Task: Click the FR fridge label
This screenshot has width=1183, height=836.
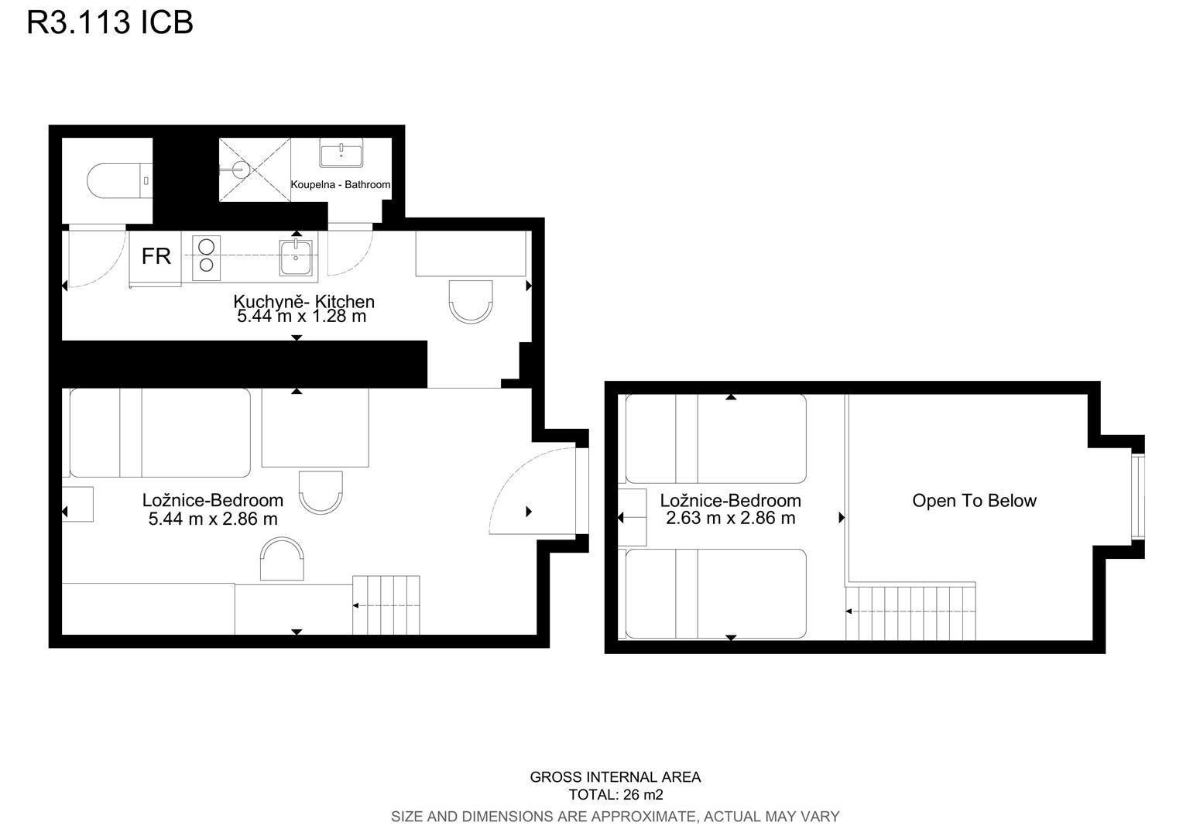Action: (156, 256)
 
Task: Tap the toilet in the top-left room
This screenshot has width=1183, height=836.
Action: (120, 180)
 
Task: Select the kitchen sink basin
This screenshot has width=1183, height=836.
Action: (296, 257)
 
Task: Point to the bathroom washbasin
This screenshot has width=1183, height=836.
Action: (341, 153)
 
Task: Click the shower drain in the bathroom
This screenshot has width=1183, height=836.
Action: (240, 170)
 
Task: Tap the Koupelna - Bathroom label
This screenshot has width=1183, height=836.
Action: (341, 184)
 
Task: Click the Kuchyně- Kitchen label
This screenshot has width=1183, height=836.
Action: (303, 302)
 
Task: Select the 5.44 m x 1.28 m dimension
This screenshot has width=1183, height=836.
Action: (302, 316)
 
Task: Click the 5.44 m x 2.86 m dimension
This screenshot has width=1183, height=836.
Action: (213, 519)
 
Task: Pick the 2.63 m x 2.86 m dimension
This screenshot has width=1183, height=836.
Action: (730, 518)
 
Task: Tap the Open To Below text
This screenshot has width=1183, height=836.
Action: (975, 501)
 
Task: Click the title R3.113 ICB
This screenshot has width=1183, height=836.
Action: (110, 22)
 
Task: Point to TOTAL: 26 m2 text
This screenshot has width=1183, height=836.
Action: (616, 794)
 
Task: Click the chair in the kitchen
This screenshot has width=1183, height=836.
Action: (471, 302)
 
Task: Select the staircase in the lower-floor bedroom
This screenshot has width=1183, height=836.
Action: (386, 605)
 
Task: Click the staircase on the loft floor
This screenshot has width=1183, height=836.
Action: (910, 612)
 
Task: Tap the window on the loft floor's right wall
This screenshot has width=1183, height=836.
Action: (1137, 497)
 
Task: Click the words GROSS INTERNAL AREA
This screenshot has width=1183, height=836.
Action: (616, 777)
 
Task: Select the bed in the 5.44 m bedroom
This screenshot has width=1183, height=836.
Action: (160, 433)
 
